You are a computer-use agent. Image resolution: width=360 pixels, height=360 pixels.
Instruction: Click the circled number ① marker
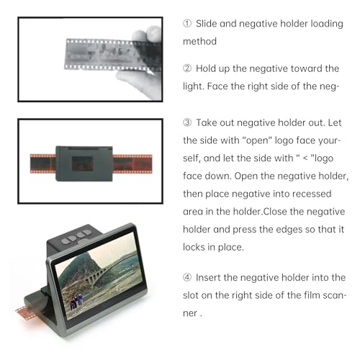[187, 23]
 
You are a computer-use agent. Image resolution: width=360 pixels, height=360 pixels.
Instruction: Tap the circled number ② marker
[187, 69]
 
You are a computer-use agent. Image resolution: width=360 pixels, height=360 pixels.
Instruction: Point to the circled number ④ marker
[187, 277]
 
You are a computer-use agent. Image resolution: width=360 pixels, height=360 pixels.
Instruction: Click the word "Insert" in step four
[214, 277]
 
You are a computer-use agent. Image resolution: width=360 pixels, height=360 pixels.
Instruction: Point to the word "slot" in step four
[193, 295]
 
